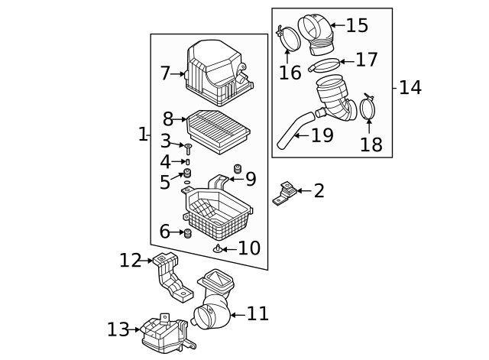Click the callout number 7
[165, 74]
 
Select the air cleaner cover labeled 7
[215, 73]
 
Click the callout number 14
[410, 88]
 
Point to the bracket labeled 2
[285, 193]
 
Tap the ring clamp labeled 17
[324, 64]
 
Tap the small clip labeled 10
[218, 248]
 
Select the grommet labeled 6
[186, 232]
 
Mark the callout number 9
[250, 180]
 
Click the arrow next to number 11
[236, 314]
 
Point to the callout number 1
[141, 135]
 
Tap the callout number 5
[165, 183]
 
